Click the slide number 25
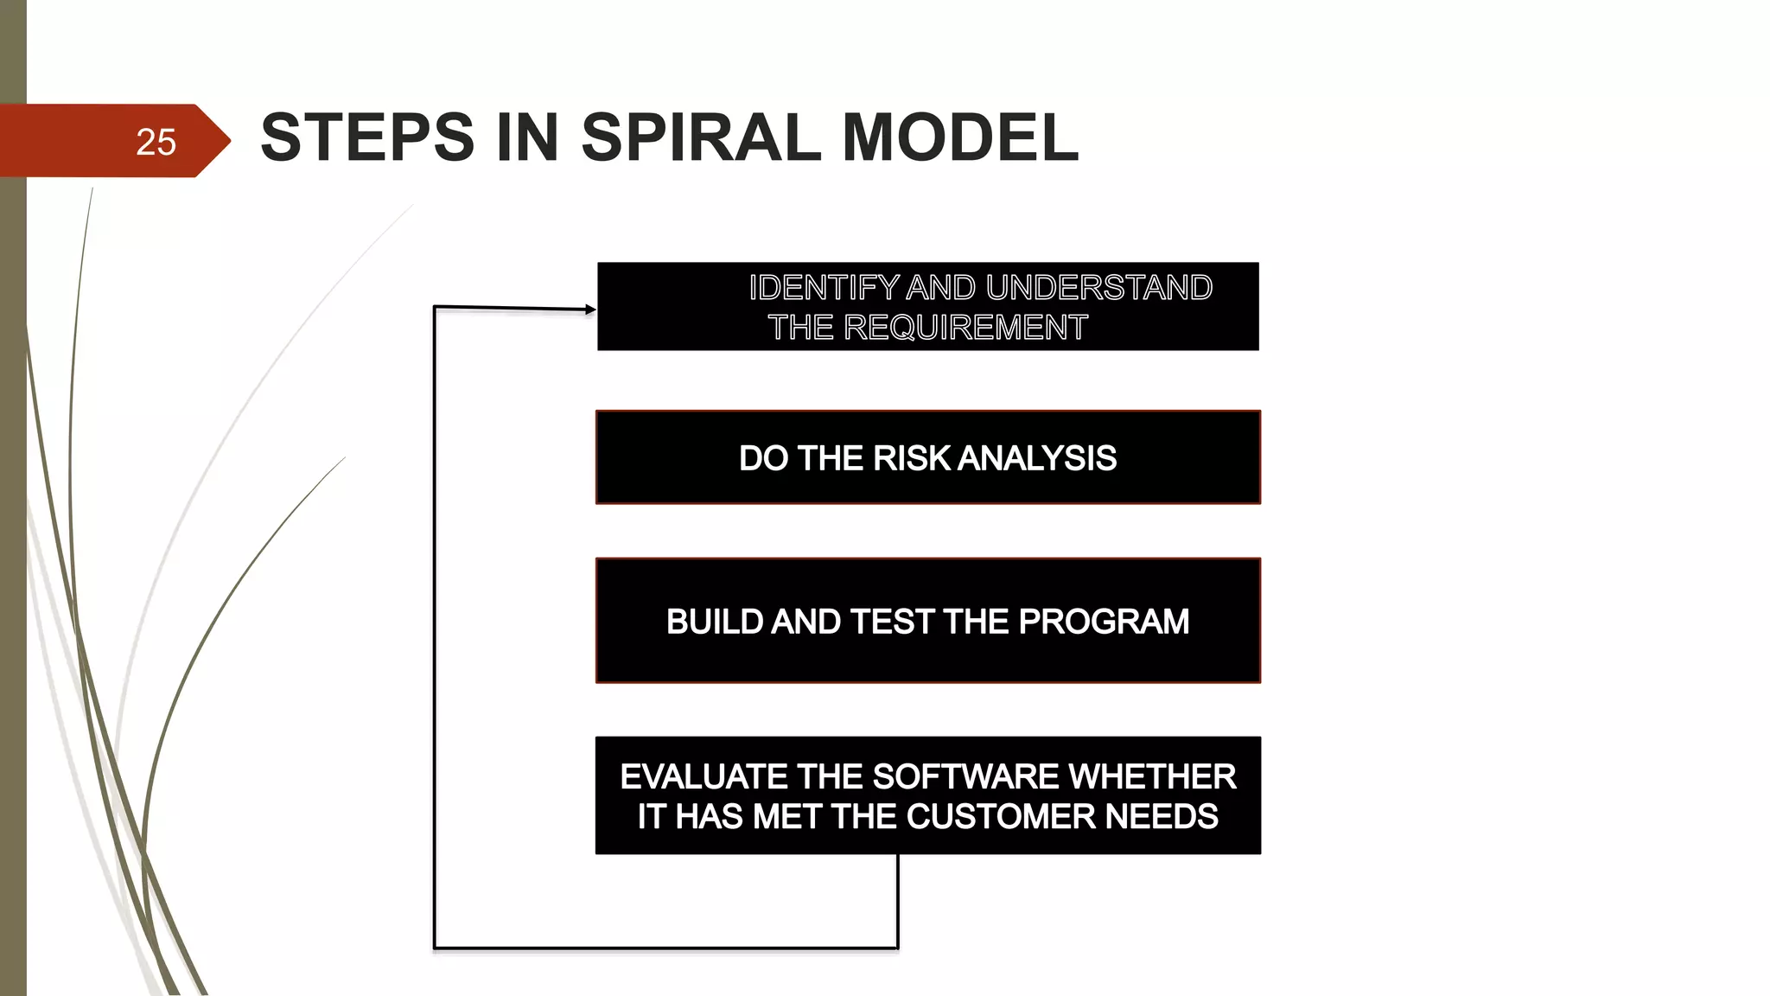(x=156, y=142)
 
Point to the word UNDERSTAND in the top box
(x=1098, y=288)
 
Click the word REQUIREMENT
(x=965, y=328)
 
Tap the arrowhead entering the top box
(x=590, y=310)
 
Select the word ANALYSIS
(x=1037, y=458)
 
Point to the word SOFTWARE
(x=965, y=776)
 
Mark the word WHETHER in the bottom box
(x=1153, y=776)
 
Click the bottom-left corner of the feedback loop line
(x=435, y=948)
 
